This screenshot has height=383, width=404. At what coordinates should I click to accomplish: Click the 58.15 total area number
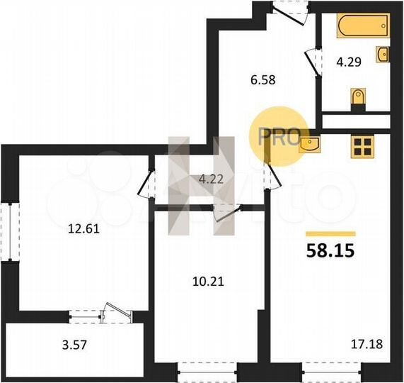click(330, 250)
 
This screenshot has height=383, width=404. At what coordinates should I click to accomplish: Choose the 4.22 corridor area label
click(210, 179)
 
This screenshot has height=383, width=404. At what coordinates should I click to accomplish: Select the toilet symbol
click(358, 99)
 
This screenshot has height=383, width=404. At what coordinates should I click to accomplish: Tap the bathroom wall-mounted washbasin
click(383, 55)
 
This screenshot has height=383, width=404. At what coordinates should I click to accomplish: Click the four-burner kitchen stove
click(362, 145)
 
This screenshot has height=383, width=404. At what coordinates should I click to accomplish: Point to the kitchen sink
click(310, 145)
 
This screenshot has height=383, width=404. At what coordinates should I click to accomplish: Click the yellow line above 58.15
click(330, 233)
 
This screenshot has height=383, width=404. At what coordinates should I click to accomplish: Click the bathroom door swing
click(311, 61)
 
